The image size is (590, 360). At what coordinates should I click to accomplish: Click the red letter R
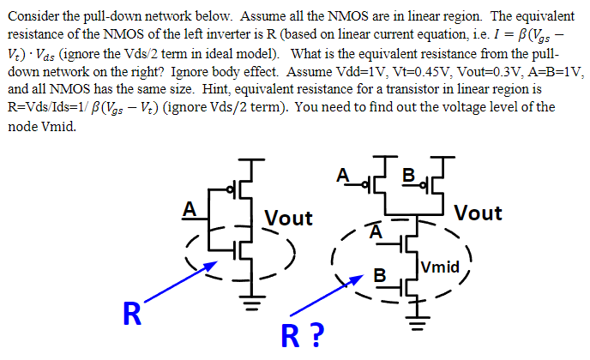coord(131,314)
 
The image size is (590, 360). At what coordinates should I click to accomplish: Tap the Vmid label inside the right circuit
coord(441,267)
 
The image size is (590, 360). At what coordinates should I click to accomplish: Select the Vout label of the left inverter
coord(288,218)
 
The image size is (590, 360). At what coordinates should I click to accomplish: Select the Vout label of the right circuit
coord(478,212)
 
